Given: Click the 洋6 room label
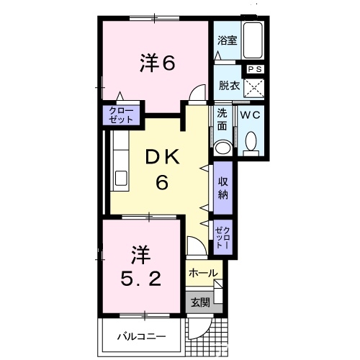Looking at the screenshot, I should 157,64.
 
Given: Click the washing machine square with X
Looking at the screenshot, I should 254,89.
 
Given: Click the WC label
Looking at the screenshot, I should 251,115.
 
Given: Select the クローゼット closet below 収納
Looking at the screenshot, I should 222,235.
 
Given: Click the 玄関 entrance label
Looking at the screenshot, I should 199,303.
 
